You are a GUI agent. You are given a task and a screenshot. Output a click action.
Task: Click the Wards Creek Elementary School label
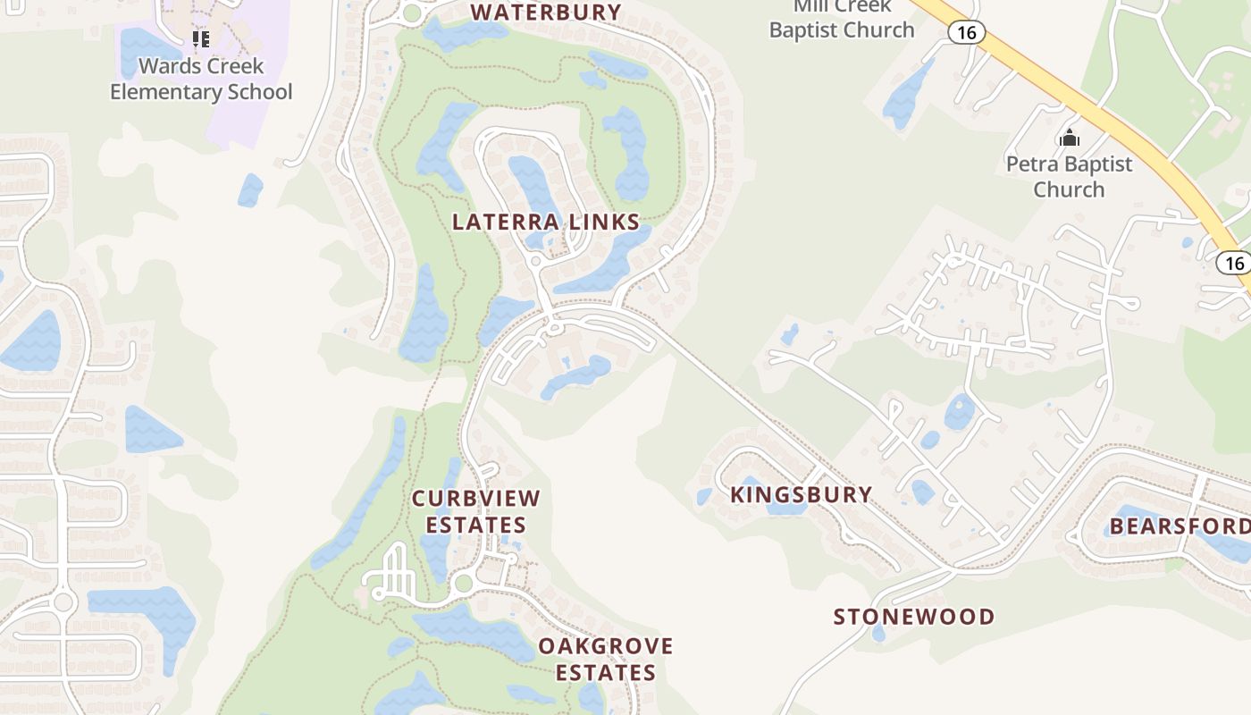pos(201,79)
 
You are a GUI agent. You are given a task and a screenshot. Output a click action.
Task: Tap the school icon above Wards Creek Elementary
pos(201,38)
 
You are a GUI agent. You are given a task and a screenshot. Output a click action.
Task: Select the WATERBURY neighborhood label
pos(545,13)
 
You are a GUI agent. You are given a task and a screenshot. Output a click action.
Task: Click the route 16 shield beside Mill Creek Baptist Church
pos(966,33)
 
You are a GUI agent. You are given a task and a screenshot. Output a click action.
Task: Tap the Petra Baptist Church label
pos(1069,176)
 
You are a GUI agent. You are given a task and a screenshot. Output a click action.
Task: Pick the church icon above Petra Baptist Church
pos(1069,138)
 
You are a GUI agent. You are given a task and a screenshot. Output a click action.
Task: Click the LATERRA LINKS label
pos(546,222)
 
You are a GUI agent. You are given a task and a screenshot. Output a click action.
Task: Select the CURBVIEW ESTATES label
pos(475,511)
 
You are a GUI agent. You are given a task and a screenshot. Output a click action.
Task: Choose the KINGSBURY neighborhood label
pos(801,494)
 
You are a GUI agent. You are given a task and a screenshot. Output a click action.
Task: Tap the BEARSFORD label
pos(1180,526)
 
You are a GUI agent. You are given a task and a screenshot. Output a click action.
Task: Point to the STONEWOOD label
pos(913,617)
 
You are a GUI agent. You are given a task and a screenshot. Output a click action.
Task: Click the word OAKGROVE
pos(605,645)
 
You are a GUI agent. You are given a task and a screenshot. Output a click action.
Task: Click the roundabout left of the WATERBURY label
pos(411,13)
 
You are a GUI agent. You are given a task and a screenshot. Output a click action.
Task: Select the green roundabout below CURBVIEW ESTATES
pos(463,585)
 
